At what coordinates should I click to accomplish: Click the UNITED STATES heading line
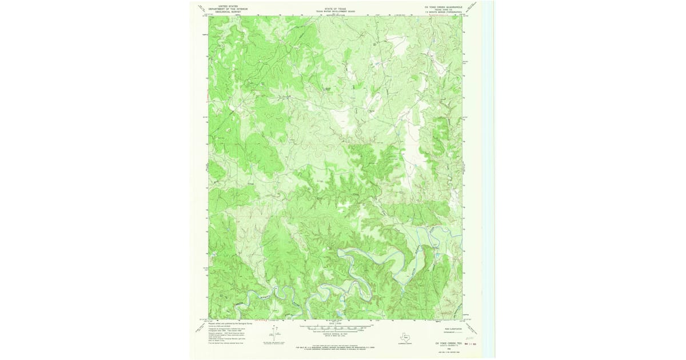[x=222, y=6]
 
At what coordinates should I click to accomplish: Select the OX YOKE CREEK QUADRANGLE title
[x=443, y=7]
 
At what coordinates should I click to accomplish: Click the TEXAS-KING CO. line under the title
[x=443, y=10]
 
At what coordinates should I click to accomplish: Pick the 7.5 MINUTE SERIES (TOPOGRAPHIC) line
[x=443, y=13]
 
